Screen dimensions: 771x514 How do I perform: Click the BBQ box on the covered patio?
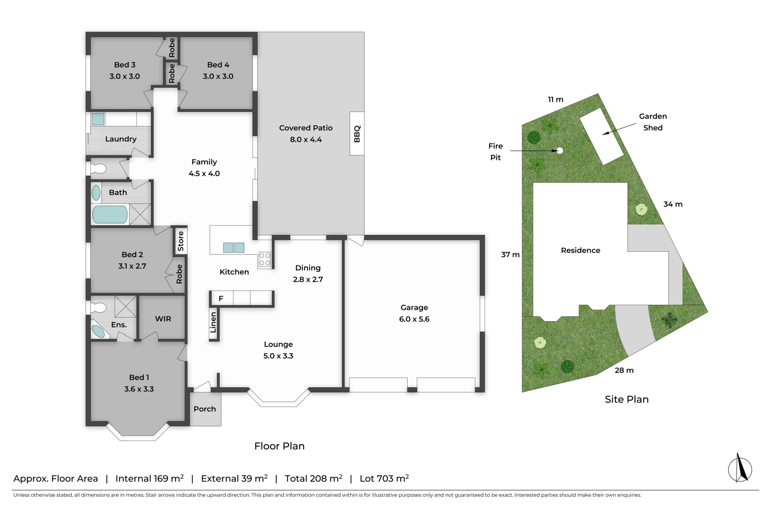[357, 133]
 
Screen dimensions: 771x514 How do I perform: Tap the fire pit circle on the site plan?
[560, 151]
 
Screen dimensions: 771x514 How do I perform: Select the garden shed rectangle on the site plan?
[602, 136]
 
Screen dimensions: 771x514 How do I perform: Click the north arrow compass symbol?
[740, 468]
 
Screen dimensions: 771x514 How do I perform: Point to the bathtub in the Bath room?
[110, 214]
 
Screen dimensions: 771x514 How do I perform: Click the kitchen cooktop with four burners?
[264, 259]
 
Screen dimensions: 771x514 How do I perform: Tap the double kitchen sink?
[234, 248]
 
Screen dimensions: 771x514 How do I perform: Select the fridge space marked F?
[221, 298]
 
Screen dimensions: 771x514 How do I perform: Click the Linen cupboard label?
[213, 322]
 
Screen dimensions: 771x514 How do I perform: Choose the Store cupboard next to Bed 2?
[181, 241]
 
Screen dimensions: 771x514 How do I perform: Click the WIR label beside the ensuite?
[163, 319]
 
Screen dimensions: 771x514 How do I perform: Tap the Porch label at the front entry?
[205, 409]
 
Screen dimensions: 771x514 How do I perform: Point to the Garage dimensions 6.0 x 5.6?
[414, 319]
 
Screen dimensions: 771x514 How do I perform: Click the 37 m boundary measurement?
[510, 255]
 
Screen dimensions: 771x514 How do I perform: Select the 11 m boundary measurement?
[556, 100]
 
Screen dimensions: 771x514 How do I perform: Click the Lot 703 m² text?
[384, 478]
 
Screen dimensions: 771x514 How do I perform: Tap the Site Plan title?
[627, 399]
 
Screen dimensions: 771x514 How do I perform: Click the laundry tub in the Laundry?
[98, 119]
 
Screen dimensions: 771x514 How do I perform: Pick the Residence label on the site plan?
[581, 251]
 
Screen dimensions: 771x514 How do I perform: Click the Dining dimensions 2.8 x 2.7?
[308, 279]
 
